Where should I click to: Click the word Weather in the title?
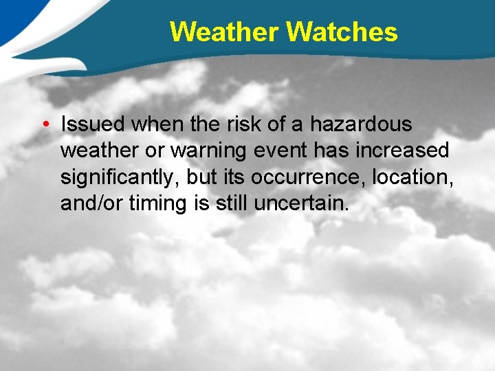click(x=225, y=32)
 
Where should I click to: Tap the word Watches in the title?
click(x=342, y=32)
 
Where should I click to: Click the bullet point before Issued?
click(x=43, y=124)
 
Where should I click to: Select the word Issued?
click(x=93, y=124)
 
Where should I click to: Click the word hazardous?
click(x=361, y=124)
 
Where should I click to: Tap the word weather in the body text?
click(x=100, y=150)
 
